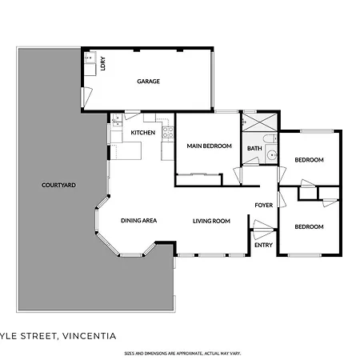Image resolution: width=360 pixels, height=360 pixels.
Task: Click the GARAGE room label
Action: point(148,82)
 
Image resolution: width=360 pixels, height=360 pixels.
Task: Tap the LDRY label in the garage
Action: point(103,63)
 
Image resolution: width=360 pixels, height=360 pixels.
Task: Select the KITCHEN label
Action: point(143,133)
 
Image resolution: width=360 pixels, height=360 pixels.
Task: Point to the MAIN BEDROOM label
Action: point(209,146)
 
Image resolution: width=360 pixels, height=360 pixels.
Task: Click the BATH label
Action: point(254,148)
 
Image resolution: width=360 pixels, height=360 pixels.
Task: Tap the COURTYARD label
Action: point(58,185)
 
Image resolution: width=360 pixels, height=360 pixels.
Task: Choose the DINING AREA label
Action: point(138,221)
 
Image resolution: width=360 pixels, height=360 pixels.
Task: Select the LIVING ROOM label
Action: point(211,221)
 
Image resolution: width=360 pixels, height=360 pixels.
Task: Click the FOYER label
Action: point(264,205)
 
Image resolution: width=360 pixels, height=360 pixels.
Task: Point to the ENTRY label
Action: point(263,245)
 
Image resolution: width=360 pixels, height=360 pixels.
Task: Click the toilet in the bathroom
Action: point(270,138)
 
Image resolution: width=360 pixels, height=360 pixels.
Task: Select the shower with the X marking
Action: point(260,122)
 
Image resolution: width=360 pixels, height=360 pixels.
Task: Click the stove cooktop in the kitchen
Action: point(168,132)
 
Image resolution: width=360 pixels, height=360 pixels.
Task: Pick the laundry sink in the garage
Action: point(90,58)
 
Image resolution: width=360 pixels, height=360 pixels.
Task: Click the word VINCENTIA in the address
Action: point(89,336)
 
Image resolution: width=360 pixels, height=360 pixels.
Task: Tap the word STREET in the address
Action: point(38,336)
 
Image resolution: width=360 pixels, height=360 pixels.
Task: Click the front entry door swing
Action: point(262,230)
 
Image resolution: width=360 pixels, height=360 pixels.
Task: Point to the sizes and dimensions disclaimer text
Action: point(182,354)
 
